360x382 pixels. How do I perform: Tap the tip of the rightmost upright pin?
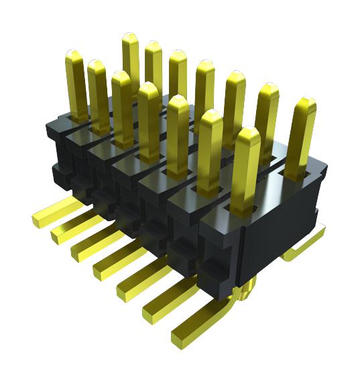click(306, 103)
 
